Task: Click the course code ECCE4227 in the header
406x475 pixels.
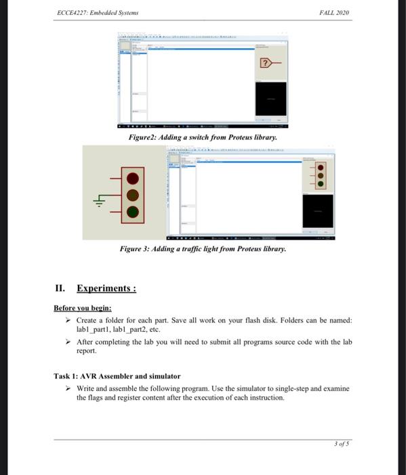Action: [70, 12]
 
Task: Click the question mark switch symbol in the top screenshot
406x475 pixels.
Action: [267, 63]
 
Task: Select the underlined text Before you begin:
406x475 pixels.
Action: [82, 307]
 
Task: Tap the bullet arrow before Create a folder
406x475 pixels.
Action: [68, 320]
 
